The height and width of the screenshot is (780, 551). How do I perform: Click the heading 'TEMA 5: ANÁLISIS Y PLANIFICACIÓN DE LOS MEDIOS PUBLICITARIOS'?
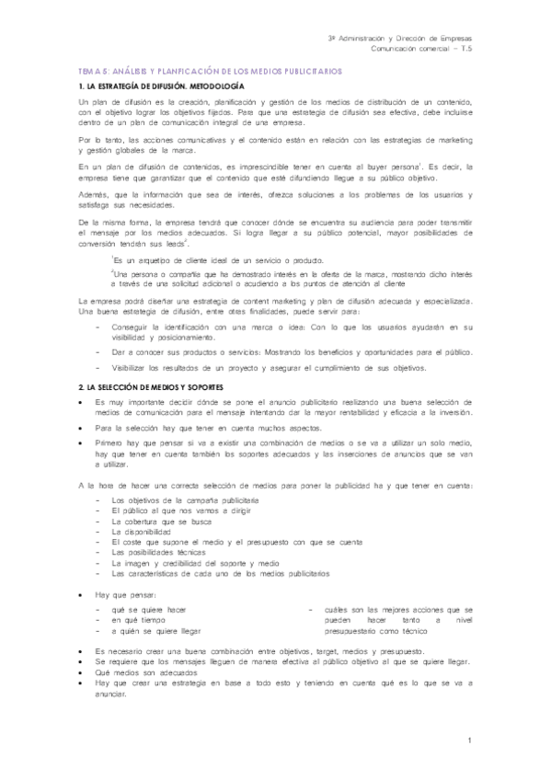211,70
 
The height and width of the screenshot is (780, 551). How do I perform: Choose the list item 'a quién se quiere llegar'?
156,632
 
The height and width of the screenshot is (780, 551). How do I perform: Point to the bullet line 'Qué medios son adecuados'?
152,671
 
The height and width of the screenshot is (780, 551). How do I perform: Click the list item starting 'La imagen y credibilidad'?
194,563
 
